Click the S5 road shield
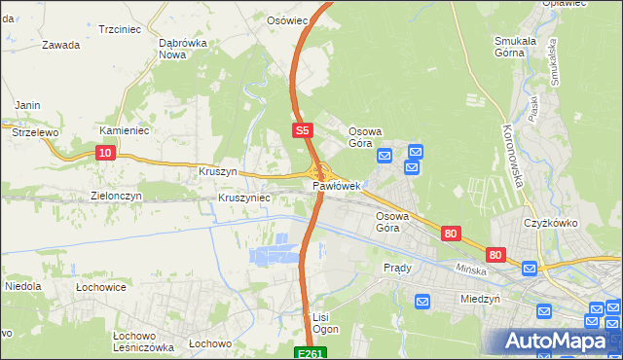point(302,130)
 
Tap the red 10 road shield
point(106,153)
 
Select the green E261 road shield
point(311,352)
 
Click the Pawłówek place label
point(337,185)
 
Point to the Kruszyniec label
point(243,197)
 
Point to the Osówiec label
point(287,19)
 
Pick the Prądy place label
point(397,268)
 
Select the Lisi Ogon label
point(324,323)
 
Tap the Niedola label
point(21,287)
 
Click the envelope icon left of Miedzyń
point(422,303)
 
